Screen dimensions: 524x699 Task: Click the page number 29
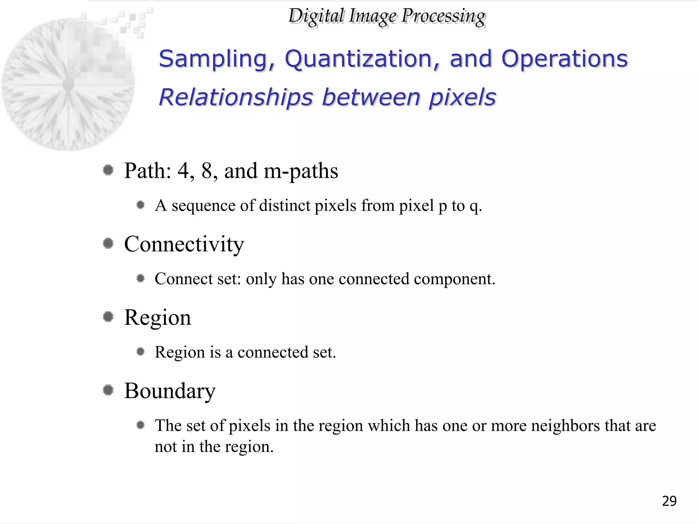click(669, 501)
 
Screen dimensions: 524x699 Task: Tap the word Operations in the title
click(565, 59)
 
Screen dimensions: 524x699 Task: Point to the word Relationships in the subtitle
click(236, 97)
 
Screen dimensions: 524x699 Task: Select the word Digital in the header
click(316, 16)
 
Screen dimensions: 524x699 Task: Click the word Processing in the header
click(443, 16)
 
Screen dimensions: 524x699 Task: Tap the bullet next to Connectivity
click(108, 244)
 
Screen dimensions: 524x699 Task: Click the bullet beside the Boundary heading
click(108, 390)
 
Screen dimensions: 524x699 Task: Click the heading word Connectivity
click(184, 245)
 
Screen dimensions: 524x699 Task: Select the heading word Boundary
click(170, 391)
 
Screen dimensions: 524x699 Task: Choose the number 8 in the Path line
click(207, 171)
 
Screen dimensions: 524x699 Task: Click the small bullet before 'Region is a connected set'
click(140, 351)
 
